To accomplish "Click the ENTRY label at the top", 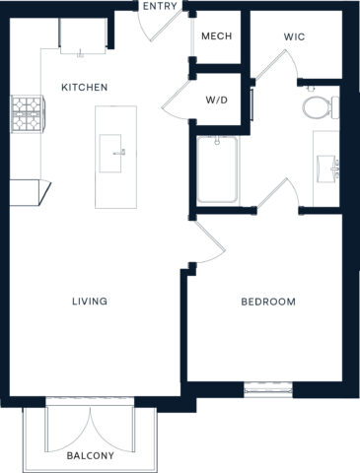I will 160,7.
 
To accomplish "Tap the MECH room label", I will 217,36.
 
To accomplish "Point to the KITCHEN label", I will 84,88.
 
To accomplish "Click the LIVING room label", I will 89,301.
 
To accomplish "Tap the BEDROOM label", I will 268,301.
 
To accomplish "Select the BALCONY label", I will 91,456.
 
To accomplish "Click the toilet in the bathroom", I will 316,105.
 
